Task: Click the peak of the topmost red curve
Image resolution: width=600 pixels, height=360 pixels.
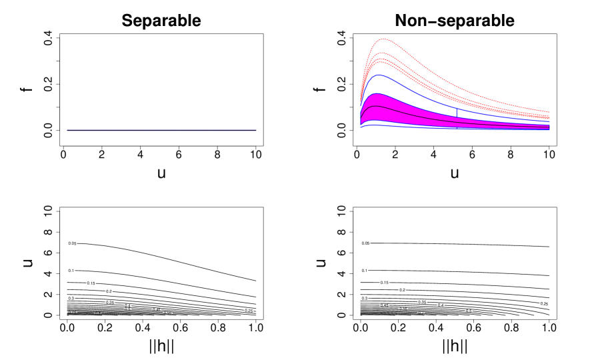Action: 384,39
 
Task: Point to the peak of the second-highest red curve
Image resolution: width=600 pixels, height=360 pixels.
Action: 379,53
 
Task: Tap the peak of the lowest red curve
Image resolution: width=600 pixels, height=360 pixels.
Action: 378,62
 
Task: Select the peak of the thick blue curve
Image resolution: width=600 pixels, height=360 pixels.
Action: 378,75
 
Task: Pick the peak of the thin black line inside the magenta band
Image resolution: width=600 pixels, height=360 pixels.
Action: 376,106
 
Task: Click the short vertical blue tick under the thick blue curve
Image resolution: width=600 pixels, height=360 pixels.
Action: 457,112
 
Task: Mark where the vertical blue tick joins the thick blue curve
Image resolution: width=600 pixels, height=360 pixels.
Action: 457,107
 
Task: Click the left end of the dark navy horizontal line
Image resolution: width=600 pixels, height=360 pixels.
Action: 67,130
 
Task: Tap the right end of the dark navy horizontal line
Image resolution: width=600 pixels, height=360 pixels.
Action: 256,130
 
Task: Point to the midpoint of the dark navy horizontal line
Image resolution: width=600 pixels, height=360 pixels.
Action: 161,130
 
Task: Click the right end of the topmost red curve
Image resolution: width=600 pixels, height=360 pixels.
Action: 549,112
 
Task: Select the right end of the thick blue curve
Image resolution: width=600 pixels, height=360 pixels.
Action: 549,122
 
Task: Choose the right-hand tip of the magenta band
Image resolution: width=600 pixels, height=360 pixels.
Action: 549,127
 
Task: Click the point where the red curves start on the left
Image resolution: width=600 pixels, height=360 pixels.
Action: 361,100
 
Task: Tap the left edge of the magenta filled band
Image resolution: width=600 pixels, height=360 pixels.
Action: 361,117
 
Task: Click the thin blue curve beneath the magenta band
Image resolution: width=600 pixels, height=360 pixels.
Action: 400,126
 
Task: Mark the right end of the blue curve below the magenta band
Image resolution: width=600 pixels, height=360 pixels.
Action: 549,129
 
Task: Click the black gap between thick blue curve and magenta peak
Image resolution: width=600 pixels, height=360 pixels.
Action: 377,85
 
